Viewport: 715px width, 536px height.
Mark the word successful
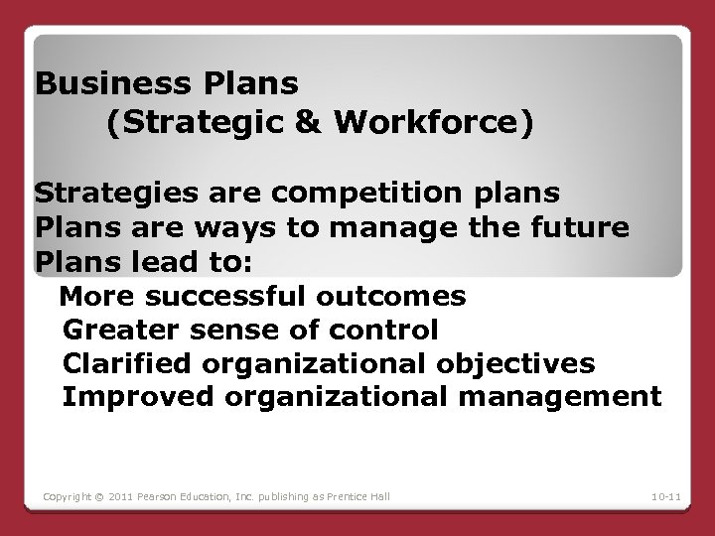[x=224, y=297]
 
